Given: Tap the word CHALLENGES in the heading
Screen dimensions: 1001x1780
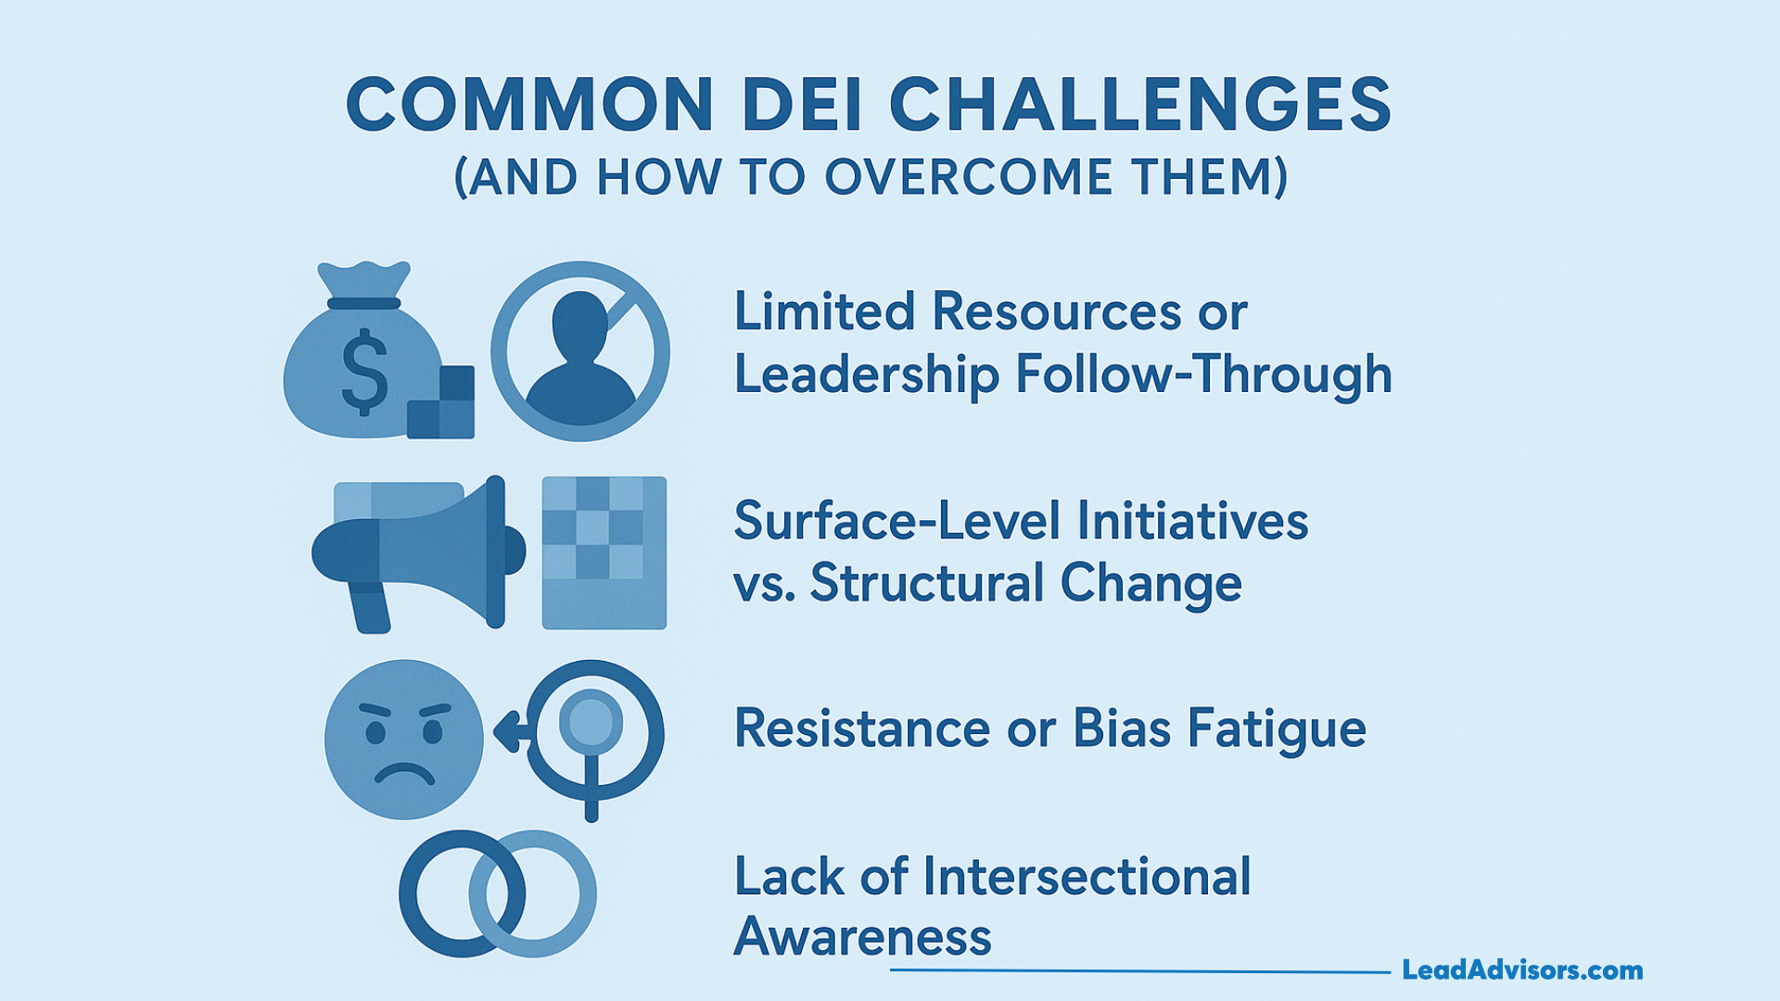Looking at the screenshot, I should (1140, 105).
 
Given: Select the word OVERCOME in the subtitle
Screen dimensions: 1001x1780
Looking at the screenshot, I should (968, 177).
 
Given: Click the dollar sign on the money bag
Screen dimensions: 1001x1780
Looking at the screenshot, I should (365, 371).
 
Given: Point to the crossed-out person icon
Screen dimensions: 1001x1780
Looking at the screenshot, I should (580, 351).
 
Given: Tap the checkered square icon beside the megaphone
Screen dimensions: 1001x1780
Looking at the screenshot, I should (604, 553).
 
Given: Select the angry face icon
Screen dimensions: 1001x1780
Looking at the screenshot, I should (404, 739).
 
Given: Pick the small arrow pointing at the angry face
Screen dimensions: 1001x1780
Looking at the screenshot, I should (509, 731).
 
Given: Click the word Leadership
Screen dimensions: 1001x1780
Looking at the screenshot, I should (866, 375).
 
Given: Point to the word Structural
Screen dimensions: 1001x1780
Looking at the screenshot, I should (927, 583).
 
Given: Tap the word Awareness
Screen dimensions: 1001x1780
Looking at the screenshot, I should (862, 937).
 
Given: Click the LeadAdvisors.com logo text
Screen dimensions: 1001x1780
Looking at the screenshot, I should (1522, 970).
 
